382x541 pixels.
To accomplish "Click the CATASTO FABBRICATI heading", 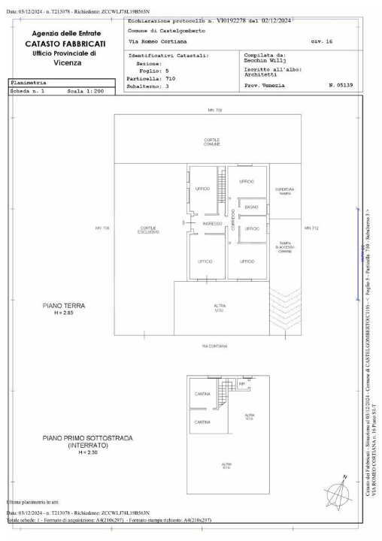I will [68, 44].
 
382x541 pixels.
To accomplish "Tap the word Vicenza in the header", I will [68, 63].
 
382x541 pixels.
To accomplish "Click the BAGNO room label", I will [252, 207].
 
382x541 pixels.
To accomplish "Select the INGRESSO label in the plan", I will [211, 224].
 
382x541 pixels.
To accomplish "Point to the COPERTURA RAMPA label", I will [285, 191].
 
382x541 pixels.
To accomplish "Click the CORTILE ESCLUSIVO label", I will [148, 230].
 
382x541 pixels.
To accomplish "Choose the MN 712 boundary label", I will [311, 228].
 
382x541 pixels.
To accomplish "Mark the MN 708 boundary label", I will [102, 228].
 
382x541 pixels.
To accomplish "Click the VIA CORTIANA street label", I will [216, 346].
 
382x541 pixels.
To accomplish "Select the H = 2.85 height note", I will [64, 313].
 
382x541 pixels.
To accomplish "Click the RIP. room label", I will [242, 385].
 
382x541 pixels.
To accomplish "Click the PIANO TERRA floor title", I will [64, 306].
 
